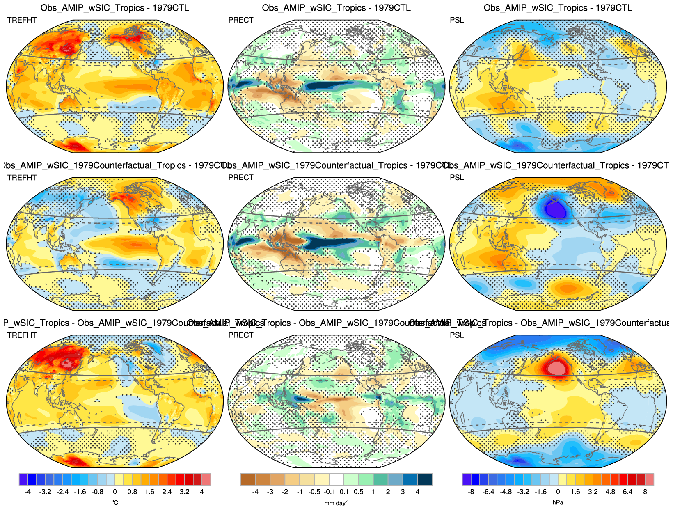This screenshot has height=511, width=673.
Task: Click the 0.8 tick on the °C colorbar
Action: click(x=132, y=492)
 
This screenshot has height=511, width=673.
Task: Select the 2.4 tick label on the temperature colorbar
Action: click(x=167, y=492)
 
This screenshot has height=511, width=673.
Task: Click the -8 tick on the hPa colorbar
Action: click(x=471, y=492)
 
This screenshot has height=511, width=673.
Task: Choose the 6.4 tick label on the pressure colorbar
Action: click(x=627, y=492)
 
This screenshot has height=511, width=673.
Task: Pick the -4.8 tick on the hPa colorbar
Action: click(x=506, y=492)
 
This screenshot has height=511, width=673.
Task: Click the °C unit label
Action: click(x=115, y=502)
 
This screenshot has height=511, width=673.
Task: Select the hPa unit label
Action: click(x=558, y=503)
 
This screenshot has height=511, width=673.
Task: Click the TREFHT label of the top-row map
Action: click(x=22, y=20)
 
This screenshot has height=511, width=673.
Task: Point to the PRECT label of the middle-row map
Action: click(x=241, y=178)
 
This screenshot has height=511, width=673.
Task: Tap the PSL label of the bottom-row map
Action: click(x=457, y=335)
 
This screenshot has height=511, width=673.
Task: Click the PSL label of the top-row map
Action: click(x=457, y=20)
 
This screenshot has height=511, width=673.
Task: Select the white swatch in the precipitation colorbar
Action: click(x=336, y=479)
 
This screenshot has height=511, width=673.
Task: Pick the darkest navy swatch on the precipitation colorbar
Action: click(x=425, y=479)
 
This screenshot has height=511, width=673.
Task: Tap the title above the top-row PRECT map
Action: click(x=336, y=8)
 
